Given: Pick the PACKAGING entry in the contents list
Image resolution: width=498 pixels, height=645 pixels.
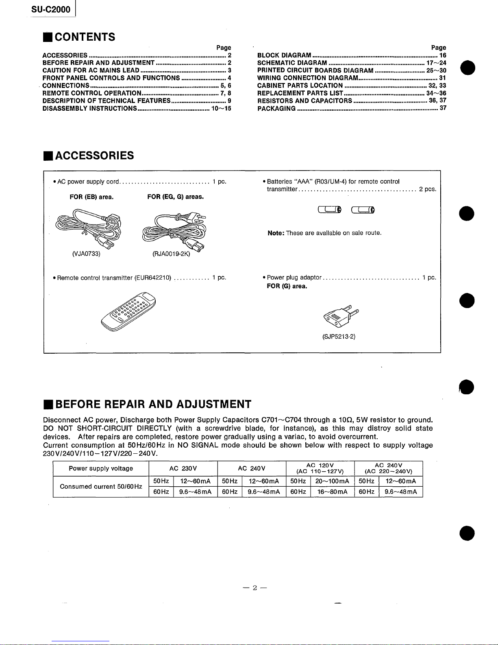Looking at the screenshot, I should [276, 109].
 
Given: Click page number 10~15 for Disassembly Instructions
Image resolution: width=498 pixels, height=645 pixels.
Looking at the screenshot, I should [221, 109].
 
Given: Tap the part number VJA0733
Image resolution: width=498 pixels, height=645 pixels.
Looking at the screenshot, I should [86, 254].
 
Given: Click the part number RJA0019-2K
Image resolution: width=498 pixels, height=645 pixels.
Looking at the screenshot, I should [171, 255].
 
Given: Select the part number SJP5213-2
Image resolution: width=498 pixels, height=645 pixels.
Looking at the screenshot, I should [339, 337].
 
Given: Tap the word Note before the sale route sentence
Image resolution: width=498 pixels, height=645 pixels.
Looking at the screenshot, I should [276, 233].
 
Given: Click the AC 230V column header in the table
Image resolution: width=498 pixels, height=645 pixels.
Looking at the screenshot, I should [183, 468].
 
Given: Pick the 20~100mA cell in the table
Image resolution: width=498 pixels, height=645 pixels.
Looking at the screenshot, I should [332, 481].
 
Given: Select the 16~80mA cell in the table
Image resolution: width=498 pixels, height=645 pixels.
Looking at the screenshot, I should [332, 492].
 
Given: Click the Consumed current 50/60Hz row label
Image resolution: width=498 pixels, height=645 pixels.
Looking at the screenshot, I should [101, 487].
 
